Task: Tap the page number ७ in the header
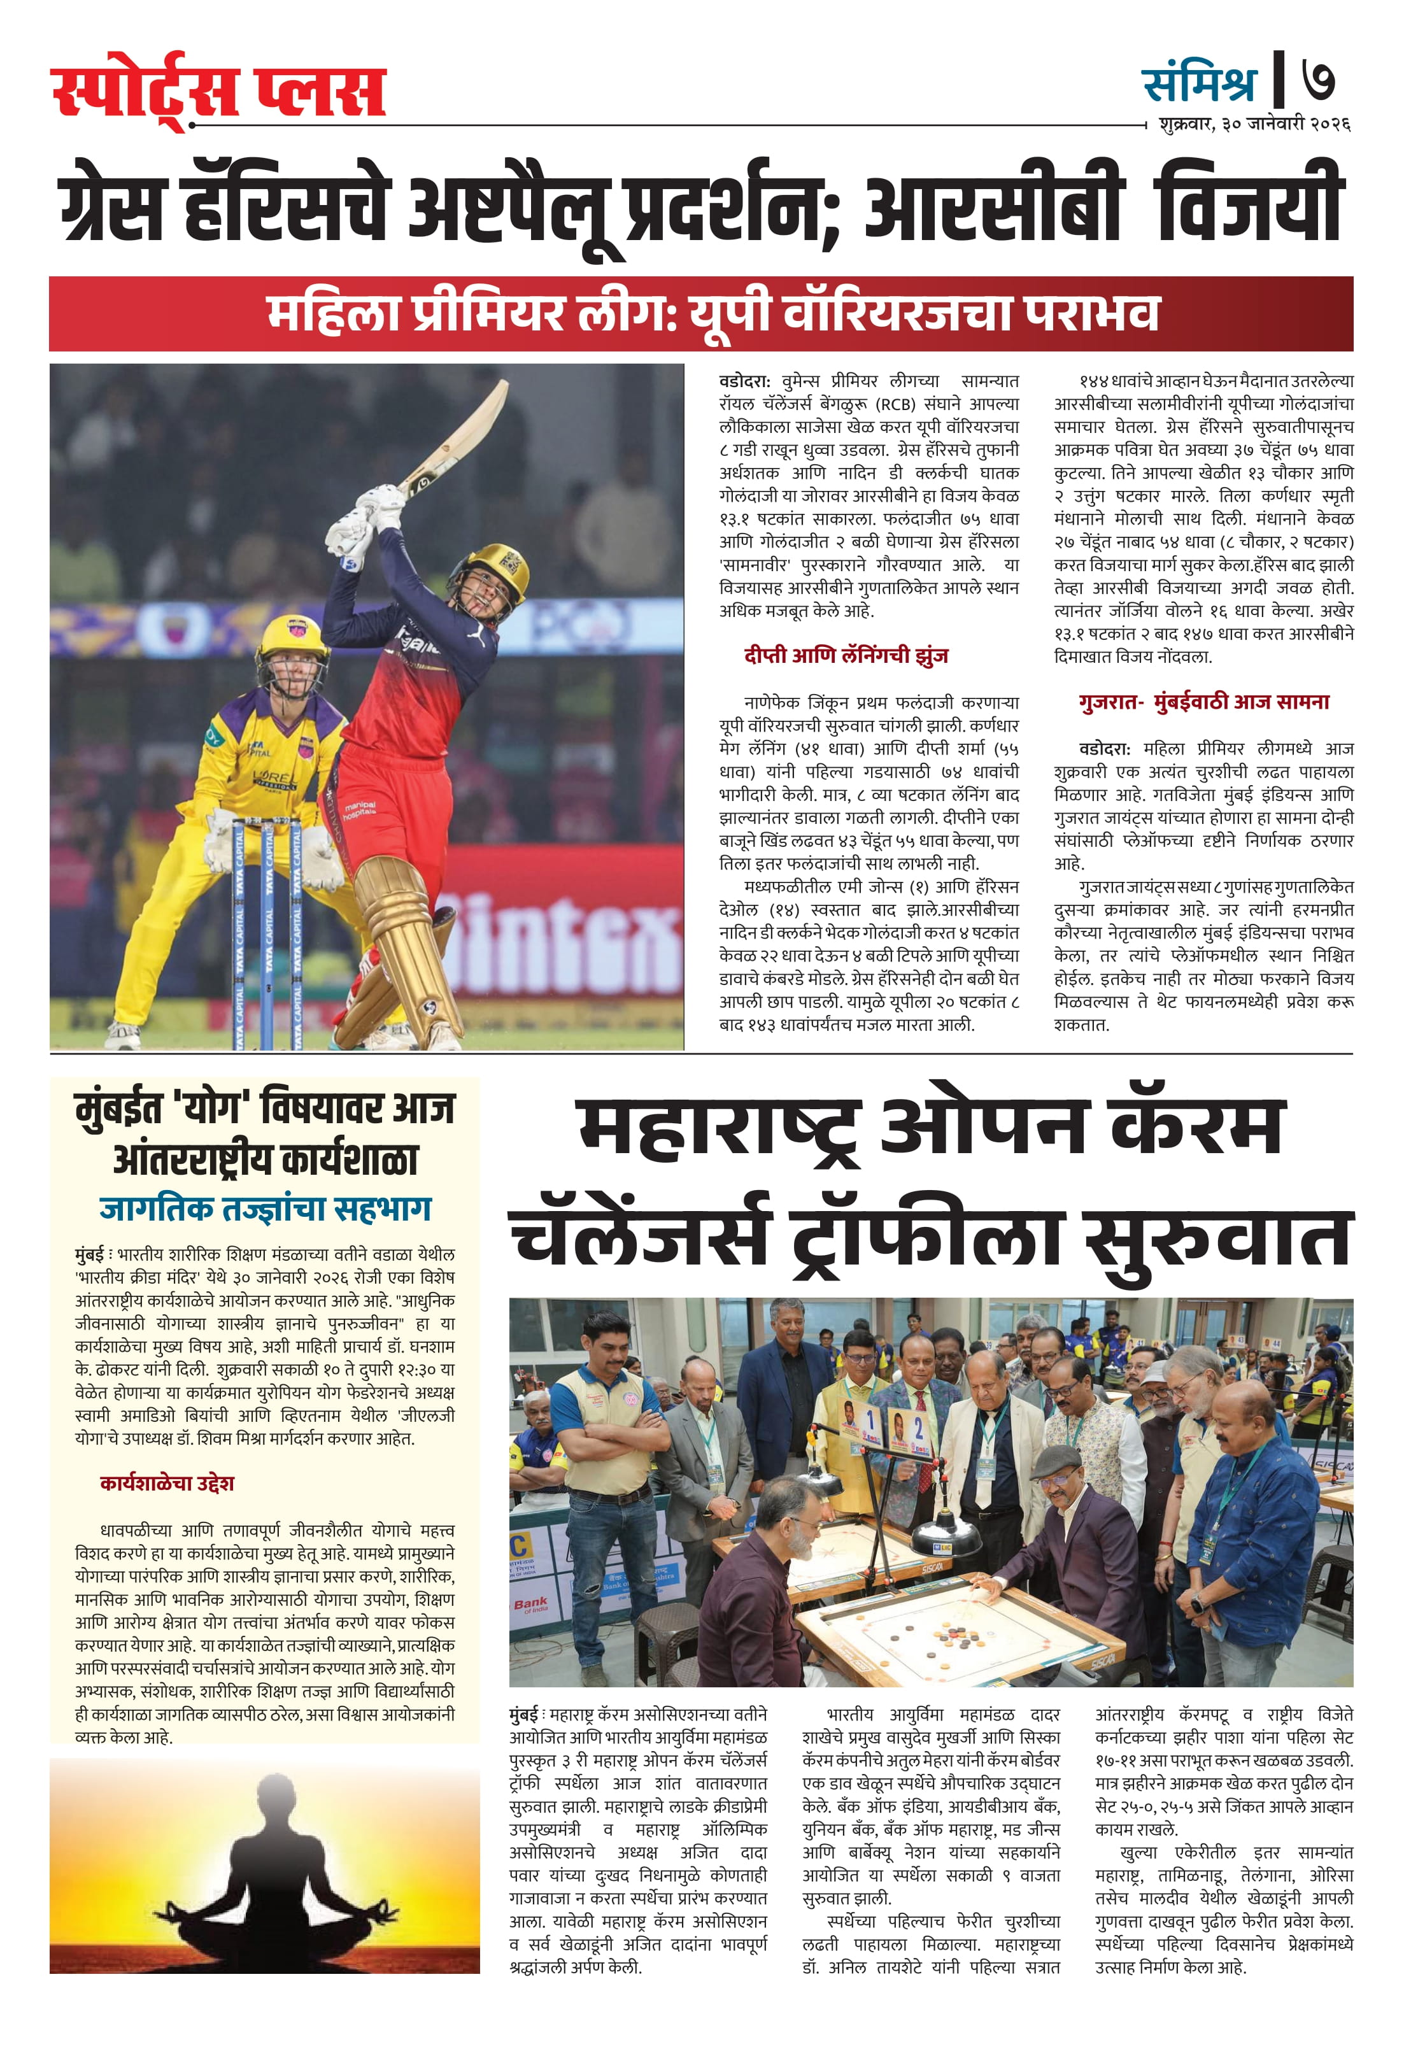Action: click(1318, 82)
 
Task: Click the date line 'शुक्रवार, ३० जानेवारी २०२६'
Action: click(1254, 125)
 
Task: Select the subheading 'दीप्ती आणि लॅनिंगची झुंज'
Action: click(846, 656)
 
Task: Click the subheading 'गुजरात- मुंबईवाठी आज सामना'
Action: click(1203, 702)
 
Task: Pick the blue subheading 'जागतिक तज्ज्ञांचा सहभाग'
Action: click(266, 1209)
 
